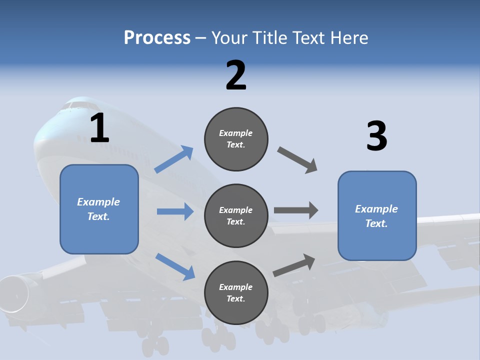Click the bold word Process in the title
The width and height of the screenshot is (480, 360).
157,37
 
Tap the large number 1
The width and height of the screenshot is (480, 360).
99,128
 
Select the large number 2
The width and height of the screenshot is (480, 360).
236,75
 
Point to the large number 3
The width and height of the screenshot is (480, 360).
376,136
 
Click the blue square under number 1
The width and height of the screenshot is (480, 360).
99,209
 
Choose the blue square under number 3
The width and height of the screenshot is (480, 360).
377,215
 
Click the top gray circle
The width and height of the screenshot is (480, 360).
236,139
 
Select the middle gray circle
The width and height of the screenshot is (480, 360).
236,215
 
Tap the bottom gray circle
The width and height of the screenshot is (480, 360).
236,292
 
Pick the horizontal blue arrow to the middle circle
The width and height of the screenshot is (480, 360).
175,211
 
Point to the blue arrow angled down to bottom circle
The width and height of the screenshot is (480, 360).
175,266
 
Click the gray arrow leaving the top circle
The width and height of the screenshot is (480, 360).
297,160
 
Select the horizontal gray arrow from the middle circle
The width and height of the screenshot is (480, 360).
296,210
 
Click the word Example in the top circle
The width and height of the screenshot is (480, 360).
235,133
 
